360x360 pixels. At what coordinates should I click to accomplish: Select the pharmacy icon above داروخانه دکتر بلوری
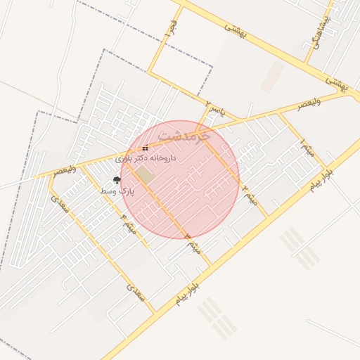click(146, 148)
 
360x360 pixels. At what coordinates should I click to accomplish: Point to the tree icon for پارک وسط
click(117, 181)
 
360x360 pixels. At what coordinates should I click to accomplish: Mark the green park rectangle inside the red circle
click(144, 174)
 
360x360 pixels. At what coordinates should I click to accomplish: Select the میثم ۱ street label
click(308, 148)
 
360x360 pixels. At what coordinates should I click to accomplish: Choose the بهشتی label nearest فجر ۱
click(233, 29)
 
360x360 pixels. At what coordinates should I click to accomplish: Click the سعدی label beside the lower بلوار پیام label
click(136, 292)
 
